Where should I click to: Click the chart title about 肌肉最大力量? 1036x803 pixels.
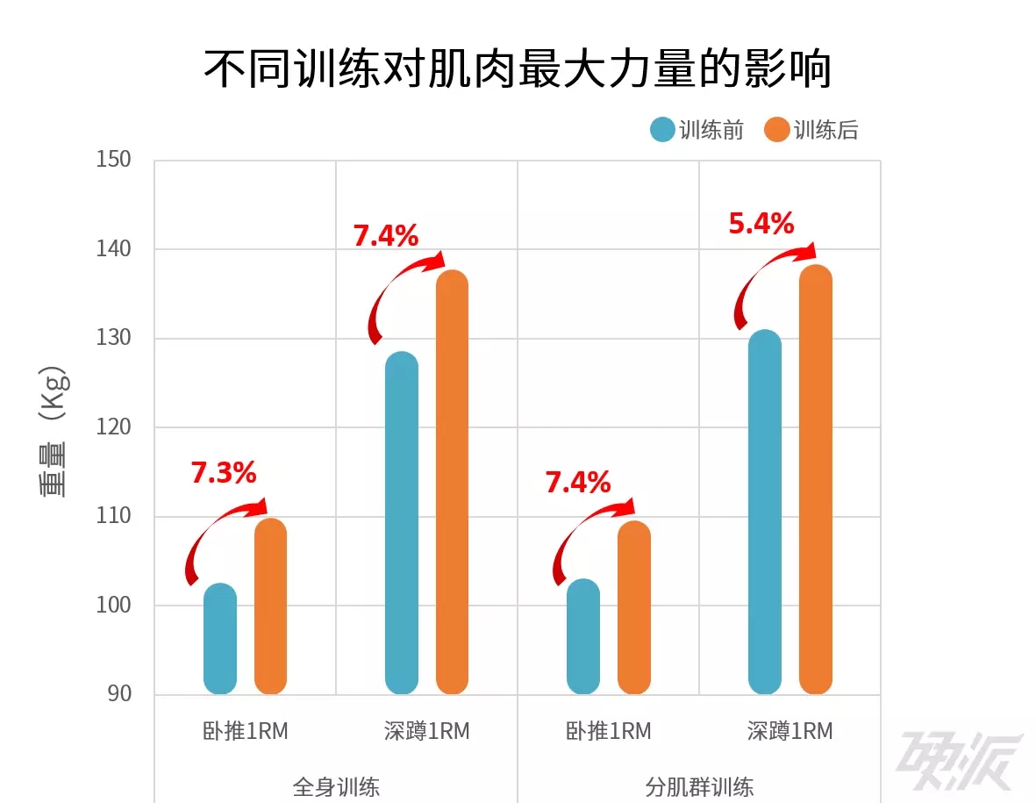pos(518,69)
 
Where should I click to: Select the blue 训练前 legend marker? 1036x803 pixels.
pos(662,131)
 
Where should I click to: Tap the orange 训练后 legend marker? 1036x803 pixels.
pos(777,131)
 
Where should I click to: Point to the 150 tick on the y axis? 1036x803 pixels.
pos(113,160)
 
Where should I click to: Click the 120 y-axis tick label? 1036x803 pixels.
pos(113,427)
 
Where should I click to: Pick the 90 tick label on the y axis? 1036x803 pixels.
pos(118,694)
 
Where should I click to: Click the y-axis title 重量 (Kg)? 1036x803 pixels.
pos(54,429)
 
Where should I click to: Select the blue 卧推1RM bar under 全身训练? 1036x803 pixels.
pos(220,639)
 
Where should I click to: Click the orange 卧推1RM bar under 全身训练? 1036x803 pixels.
pos(270,606)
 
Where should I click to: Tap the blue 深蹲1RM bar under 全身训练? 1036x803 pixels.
pos(402,523)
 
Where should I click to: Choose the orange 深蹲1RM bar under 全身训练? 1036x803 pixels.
pos(452,482)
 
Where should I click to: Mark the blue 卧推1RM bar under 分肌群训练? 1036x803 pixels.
pos(583,637)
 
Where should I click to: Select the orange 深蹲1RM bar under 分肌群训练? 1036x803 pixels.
pos(815,479)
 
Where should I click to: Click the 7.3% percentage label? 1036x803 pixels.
pos(224,474)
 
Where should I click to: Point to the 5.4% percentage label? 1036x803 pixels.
pos(761,225)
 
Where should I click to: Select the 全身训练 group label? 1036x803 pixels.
pos(336,785)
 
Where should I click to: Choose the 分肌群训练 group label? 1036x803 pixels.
pos(699,785)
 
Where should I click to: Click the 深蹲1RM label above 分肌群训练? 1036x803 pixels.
pos(790,731)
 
